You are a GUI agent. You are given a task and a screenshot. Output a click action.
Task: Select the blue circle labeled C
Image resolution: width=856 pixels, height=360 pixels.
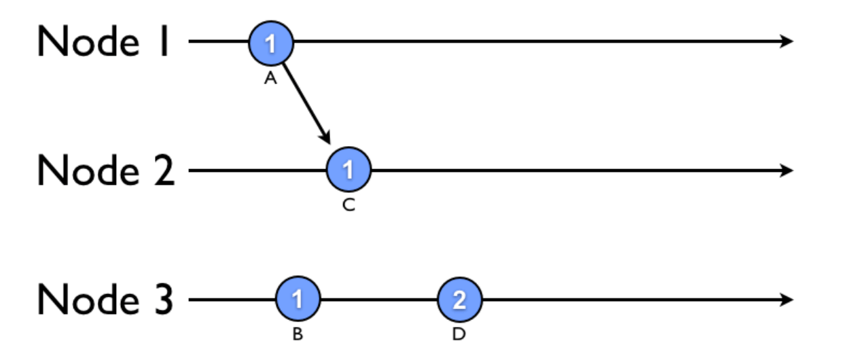[x=349, y=170]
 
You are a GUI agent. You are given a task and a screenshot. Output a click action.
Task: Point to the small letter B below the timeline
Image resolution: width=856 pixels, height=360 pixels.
[x=298, y=335]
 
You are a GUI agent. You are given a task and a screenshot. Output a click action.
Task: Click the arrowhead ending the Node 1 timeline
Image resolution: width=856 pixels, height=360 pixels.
[x=786, y=42]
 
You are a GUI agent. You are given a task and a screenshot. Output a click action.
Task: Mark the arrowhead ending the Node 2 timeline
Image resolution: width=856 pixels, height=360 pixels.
[x=786, y=170]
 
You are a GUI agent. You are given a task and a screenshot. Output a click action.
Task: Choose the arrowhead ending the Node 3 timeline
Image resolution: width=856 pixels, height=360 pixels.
[x=786, y=299]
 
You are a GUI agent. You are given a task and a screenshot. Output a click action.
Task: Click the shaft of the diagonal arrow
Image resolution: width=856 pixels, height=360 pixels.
[x=305, y=102]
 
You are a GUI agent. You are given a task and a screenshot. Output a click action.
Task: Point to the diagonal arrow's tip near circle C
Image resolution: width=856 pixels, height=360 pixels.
[x=327, y=140]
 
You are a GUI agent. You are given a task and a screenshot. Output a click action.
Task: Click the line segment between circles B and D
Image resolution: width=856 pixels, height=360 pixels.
[x=378, y=299]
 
